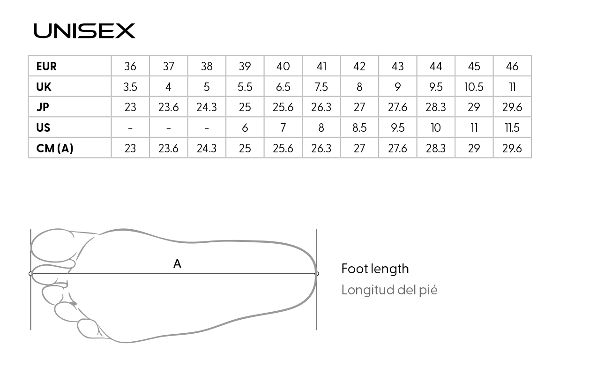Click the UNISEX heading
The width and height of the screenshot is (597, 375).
coord(84,31)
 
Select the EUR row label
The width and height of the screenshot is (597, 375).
coord(46,66)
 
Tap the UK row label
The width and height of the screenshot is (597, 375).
coord(44,87)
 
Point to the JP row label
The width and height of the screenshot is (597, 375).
coord(43,107)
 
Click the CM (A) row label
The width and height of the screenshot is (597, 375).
coord(55,148)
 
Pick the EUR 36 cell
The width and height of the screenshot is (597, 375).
coord(130,66)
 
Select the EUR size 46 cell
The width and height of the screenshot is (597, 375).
coord(512,66)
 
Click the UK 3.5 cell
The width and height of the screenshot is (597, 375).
coord(130,87)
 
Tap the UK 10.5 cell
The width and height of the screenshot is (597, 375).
coord(474,87)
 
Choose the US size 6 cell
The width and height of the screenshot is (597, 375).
coord(245,127)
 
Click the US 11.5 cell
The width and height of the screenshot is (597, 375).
coord(512,127)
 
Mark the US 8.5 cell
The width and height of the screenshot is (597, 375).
coord(359,127)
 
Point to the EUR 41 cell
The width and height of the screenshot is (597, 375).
coord(321,66)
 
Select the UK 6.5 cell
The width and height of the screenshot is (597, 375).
coord(283,87)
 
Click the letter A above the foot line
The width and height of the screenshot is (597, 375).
coord(177,264)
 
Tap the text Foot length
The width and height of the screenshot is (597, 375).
coord(375,269)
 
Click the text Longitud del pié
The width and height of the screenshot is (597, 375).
coord(389,290)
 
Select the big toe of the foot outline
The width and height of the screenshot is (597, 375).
coord(52,246)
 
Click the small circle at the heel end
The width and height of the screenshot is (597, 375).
coord(317,274)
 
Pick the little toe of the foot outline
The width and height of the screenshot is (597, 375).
coord(88,329)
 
